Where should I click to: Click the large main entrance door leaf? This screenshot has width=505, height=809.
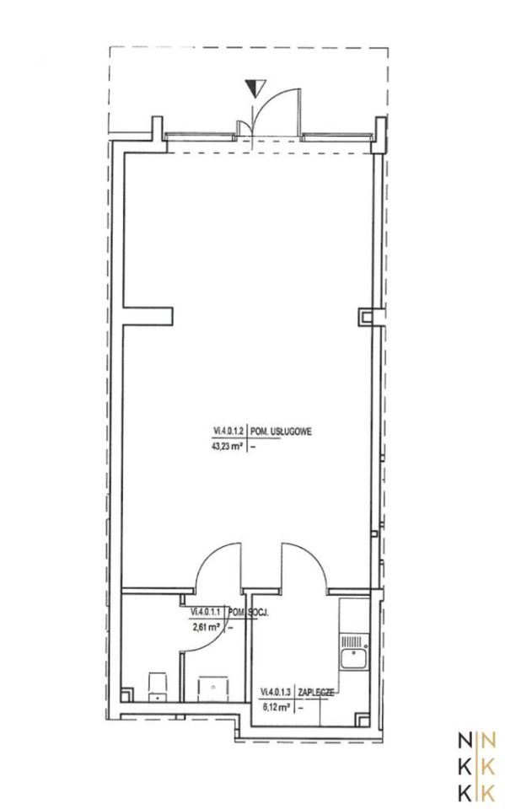[x=300, y=112]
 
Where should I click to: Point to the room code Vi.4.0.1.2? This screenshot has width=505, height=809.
[x=228, y=431]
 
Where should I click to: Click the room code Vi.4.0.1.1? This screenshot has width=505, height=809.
[x=206, y=613]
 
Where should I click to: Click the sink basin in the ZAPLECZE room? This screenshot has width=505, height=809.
[x=353, y=659]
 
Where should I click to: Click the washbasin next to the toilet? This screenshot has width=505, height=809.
[x=214, y=688]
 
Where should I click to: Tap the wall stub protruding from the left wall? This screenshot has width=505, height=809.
[x=148, y=316]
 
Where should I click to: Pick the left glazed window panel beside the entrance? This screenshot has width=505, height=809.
[x=200, y=137]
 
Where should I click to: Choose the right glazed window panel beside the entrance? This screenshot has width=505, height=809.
[x=337, y=137]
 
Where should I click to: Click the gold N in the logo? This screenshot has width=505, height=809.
[x=487, y=742]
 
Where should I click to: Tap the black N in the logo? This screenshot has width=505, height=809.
[x=465, y=742]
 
